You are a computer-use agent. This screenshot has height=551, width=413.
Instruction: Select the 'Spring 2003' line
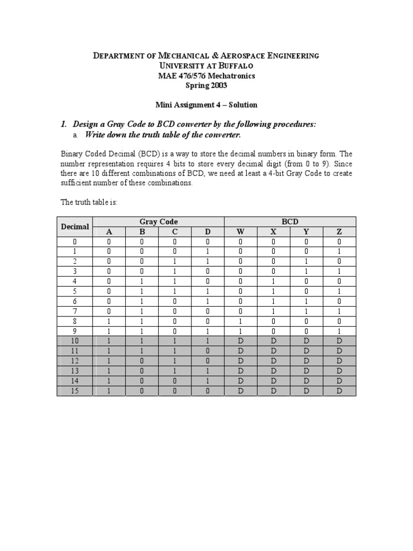point(206,85)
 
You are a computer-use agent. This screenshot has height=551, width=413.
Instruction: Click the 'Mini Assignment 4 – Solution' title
point(206,104)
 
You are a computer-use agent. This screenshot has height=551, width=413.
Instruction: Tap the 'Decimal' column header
point(75,227)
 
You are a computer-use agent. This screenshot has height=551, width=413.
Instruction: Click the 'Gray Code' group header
point(158,222)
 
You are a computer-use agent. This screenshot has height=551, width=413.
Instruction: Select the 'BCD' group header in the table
point(290,222)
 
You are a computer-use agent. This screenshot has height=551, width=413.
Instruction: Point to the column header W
point(240,232)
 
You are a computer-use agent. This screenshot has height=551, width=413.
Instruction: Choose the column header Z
point(339,232)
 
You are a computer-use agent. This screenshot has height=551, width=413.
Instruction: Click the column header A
point(109,232)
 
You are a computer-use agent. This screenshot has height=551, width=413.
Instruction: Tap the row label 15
point(75,391)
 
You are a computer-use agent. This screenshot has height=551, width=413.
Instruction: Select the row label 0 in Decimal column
point(75,242)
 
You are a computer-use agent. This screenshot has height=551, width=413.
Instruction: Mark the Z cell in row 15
point(339,391)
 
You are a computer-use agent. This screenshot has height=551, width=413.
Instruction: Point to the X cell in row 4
point(273,281)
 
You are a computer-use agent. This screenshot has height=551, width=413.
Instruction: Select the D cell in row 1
point(208,252)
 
